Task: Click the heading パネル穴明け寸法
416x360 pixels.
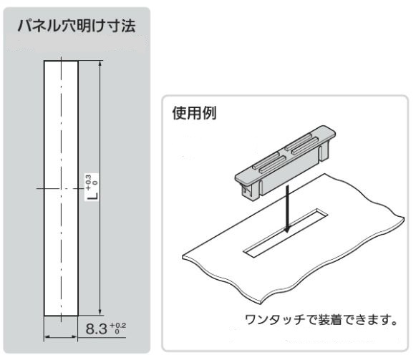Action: coord(77,26)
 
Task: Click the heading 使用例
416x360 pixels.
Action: coord(195,113)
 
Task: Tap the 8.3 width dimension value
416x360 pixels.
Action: coord(97,329)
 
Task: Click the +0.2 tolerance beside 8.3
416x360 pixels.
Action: coord(118,328)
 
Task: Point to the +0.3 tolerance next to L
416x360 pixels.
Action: coord(92,183)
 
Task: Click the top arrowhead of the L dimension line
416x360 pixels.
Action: coord(100,64)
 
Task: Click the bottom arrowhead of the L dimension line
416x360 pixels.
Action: coord(100,313)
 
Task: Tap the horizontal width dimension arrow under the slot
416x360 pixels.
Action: coord(61,337)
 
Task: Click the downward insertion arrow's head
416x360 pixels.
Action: coord(287,229)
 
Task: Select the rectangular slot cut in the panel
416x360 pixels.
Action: coord(286,233)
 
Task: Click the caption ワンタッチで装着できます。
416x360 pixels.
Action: coord(321,320)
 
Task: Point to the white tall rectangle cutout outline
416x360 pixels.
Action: coord(44,188)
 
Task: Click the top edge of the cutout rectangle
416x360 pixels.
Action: coord(61,61)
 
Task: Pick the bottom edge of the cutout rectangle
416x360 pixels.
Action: coord(61,316)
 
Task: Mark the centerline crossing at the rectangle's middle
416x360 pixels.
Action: coord(61,189)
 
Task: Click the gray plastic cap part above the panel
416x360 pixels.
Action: coord(285,163)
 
